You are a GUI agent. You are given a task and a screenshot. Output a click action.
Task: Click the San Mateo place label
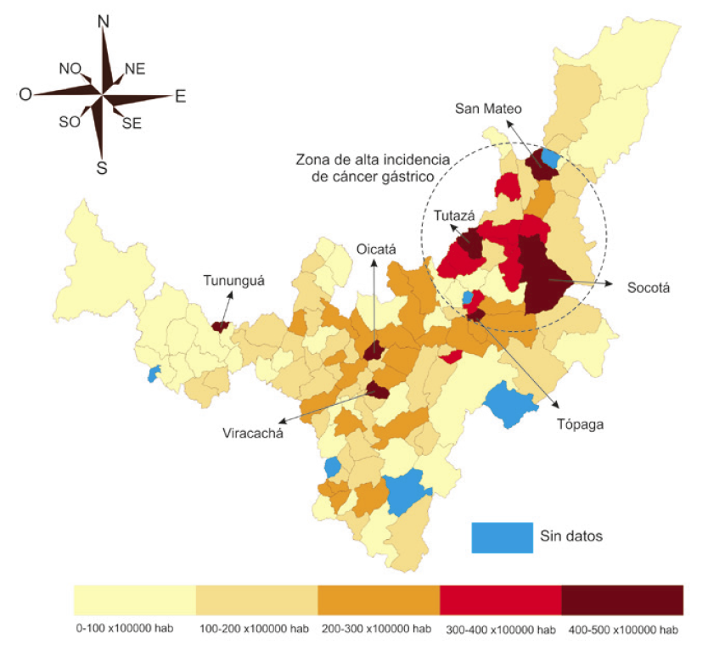tap(487, 108)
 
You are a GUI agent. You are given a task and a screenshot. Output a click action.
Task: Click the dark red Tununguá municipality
tap(220, 326)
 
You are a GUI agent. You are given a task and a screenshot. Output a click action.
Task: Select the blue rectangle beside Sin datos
tap(502, 537)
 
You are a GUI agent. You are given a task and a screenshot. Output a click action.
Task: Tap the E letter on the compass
tap(180, 97)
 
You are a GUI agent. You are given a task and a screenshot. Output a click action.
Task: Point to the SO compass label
tap(69, 122)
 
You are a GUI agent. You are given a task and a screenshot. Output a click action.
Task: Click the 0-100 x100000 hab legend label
tap(126, 630)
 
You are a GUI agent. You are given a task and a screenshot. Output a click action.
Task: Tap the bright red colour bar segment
tap(500, 599)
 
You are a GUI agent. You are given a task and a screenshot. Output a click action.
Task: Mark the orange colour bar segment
tap(378, 599)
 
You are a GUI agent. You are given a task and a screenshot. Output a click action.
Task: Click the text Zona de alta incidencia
tap(365, 159)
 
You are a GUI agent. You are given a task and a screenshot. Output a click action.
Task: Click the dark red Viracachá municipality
tap(377, 390)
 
